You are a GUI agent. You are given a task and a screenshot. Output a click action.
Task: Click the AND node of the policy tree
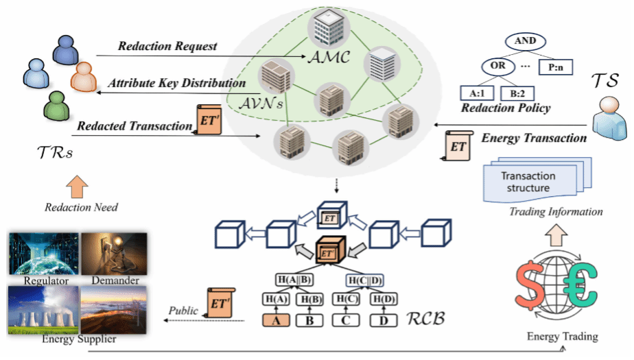[525, 41]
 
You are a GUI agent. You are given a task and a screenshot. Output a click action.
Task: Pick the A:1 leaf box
[476, 93]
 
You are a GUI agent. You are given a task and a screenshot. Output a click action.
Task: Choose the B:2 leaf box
[517, 93]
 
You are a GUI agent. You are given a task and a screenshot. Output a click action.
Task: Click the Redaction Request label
[167, 47]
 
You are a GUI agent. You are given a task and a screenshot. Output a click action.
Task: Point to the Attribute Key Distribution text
[177, 83]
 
